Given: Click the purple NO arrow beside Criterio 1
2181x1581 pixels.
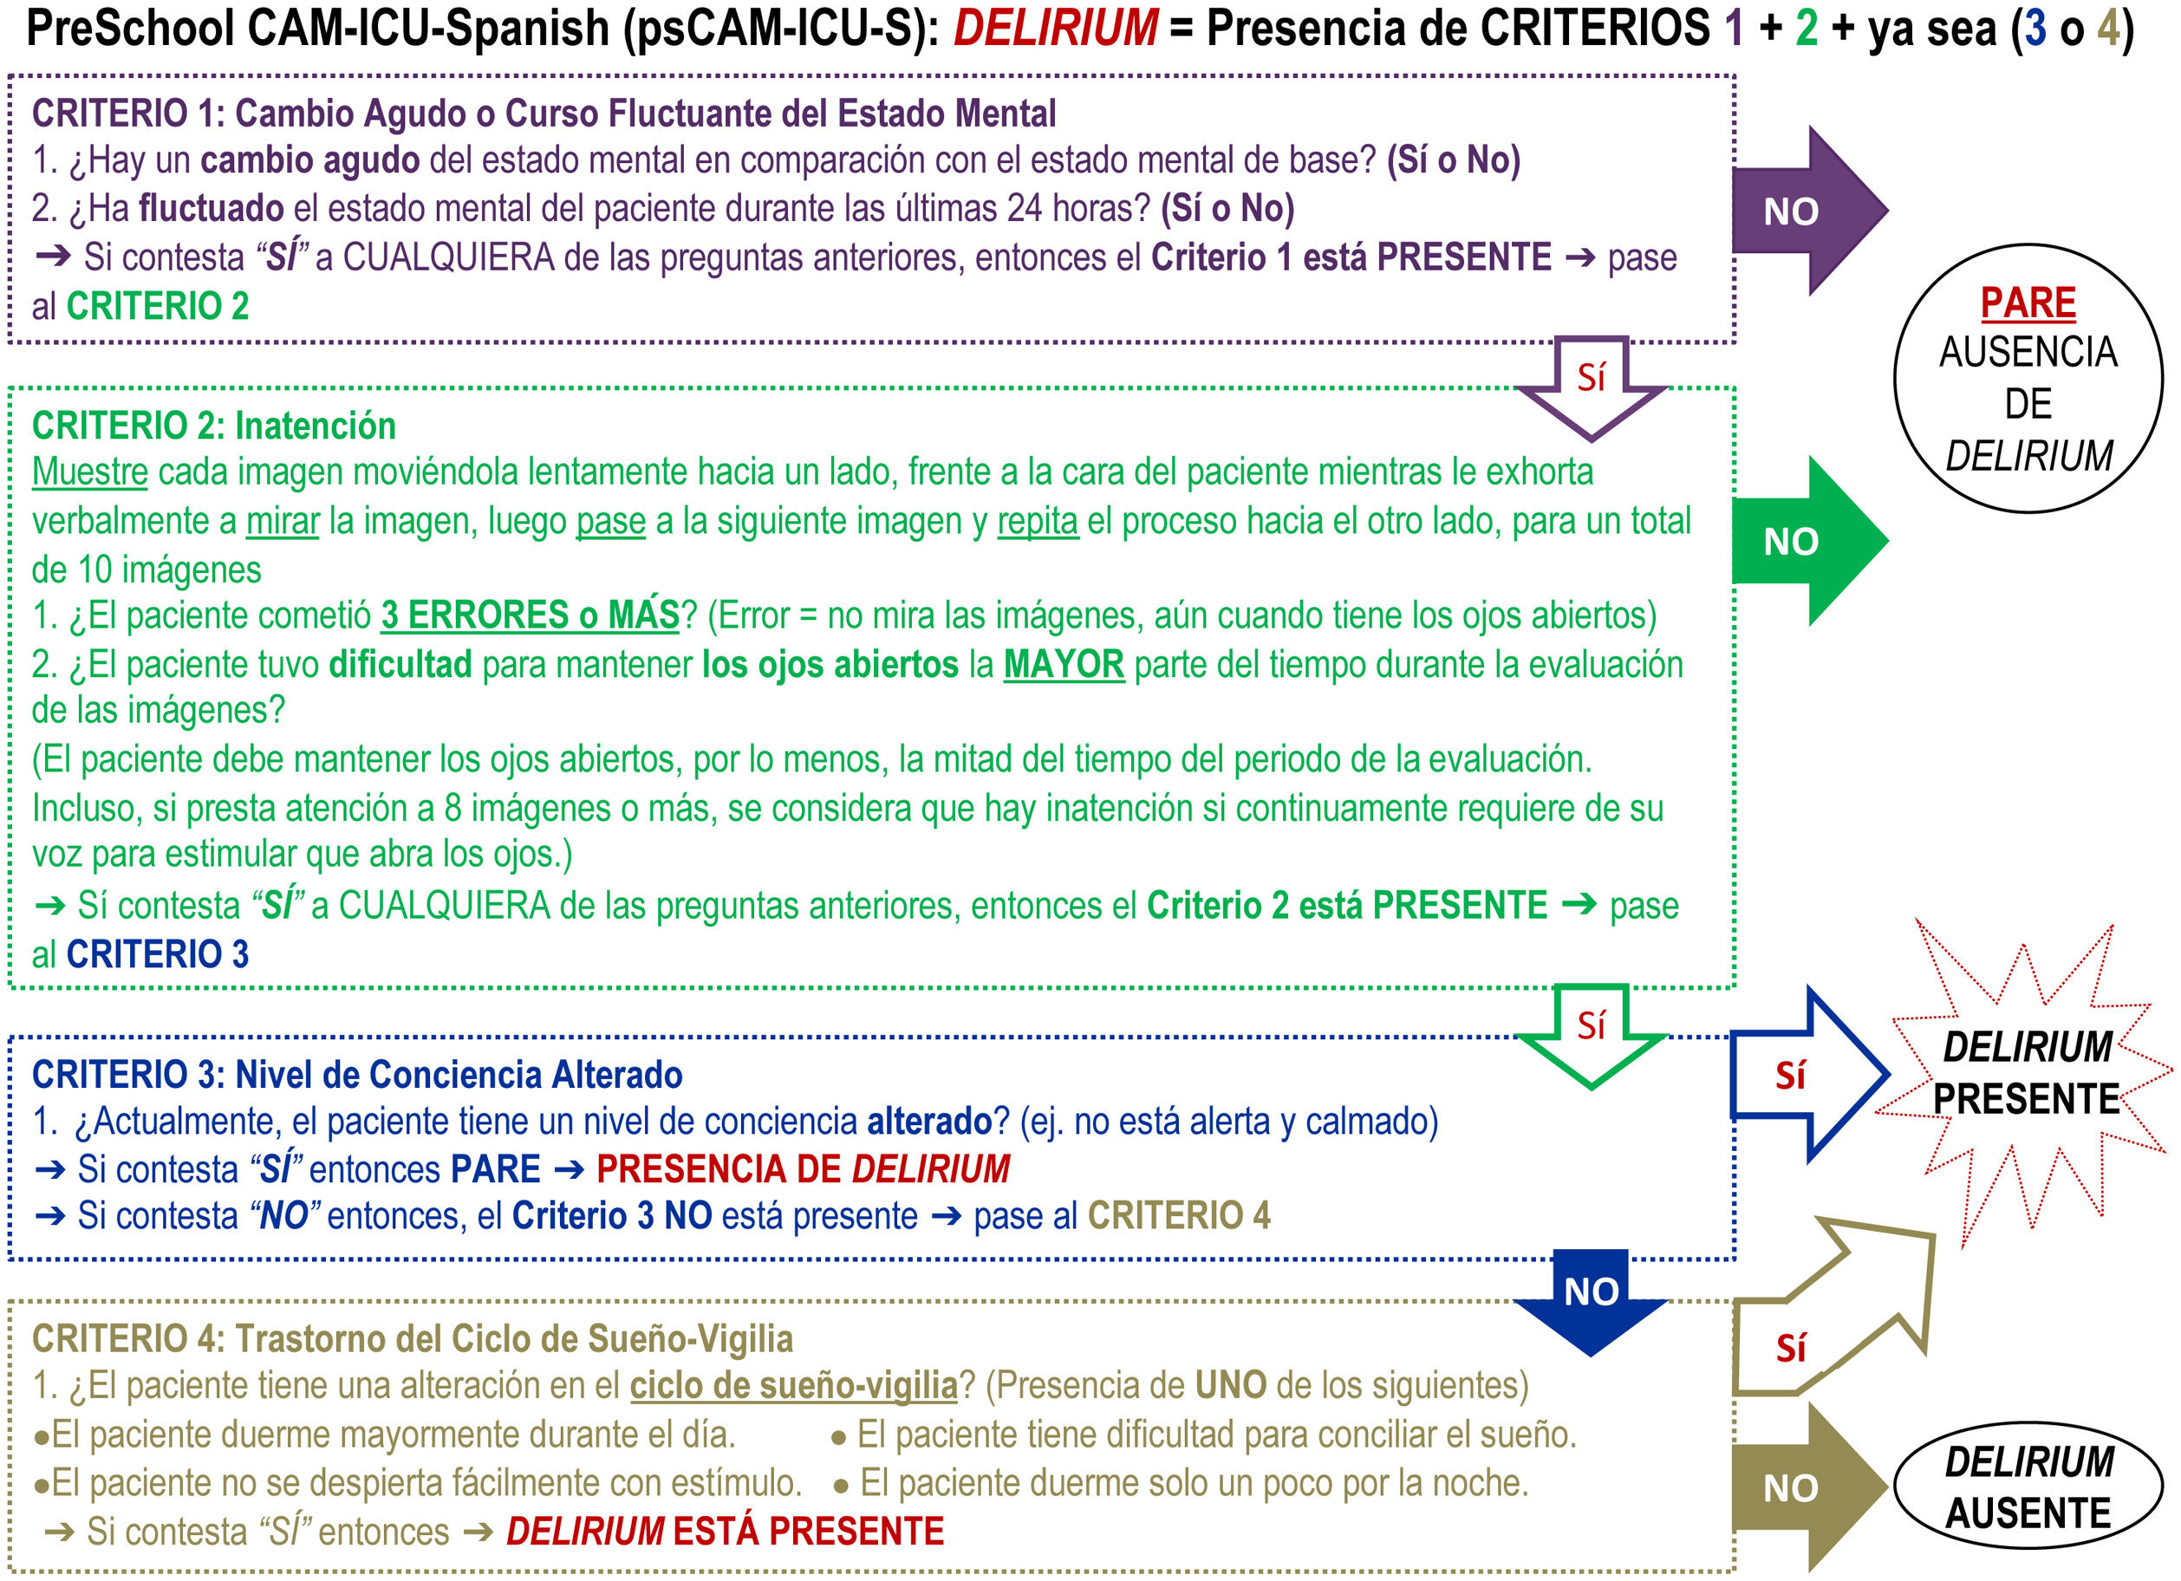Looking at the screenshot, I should [1798, 211].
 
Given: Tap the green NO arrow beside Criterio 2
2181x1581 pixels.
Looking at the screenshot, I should [1798, 542].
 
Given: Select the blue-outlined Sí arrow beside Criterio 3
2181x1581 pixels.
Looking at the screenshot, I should [1798, 1075].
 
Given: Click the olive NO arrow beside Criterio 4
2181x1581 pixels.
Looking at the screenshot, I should [1798, 1487].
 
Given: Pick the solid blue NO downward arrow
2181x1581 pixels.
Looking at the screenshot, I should [1591, 1298].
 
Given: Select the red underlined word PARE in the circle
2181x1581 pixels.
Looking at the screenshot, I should [2028, 303].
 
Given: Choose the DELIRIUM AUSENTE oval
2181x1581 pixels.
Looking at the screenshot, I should [2028, 1487].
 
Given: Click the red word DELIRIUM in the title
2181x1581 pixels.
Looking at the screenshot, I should [1055, 28].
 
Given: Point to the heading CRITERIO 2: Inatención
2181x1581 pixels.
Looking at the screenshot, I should [213, 425].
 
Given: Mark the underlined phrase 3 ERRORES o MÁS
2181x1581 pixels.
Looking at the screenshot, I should [530, 615].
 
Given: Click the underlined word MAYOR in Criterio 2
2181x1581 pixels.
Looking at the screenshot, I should [1064, 665].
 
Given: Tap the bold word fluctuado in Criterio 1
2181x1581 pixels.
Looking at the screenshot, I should [212, 208].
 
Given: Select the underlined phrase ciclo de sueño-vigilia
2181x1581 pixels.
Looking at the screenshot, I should [793, 1386].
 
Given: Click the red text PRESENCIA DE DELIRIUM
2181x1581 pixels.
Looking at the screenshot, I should [803, 1169].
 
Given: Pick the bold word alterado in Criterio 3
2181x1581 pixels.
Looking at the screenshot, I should [929, 1122].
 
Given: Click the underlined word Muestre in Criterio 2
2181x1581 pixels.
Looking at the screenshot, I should [89, 472].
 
